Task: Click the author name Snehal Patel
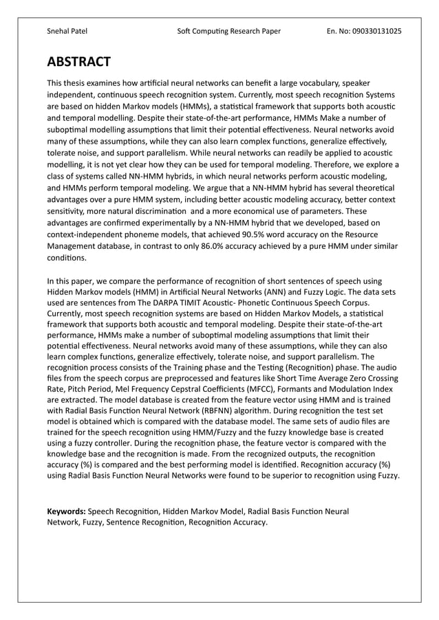(x=67, y=31)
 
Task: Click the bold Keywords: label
(x=66, y=511)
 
